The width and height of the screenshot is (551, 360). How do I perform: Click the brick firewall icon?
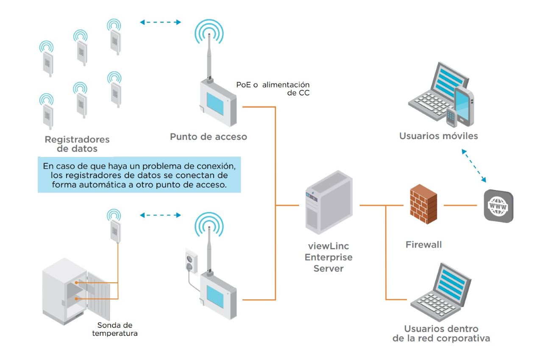423,205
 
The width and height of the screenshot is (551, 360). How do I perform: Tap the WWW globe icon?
498,206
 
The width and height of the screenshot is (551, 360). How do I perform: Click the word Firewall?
423,245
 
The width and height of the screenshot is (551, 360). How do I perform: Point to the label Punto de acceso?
208,137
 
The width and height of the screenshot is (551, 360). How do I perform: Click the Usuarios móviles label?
438,136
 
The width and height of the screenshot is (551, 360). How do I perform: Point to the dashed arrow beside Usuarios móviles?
475,166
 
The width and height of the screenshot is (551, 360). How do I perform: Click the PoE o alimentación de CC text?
273,89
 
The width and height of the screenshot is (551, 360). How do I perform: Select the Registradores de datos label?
77,144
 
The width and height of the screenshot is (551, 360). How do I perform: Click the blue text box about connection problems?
139,175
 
